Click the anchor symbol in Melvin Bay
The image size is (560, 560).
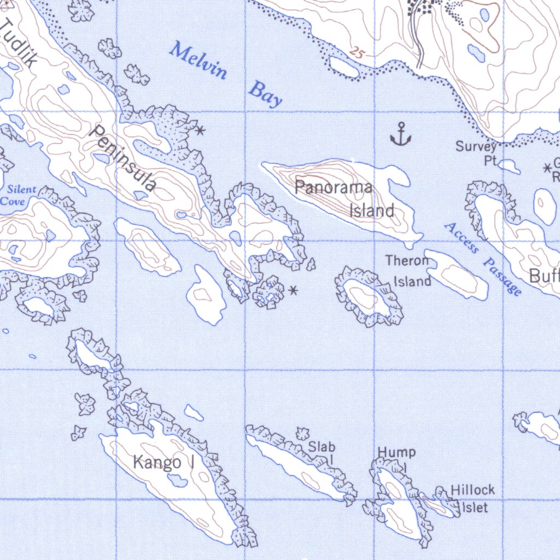pyautogui.click(x=400, y=135)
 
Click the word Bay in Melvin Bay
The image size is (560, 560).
pyautogui.click(x=265, y=94)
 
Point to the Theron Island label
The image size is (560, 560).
pyautogui.click(x=409, y=271)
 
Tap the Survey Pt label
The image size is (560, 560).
pyautogui.click(x=477, y=153)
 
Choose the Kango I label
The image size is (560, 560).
pyautogui.click(x=165, y=463)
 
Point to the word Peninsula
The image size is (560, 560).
pyautogui.click(x=122, y=159)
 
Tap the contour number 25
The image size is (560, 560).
pyautogui.click(x=357, y=53)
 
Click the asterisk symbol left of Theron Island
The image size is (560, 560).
pyautogui.click(x=294, y=290)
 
